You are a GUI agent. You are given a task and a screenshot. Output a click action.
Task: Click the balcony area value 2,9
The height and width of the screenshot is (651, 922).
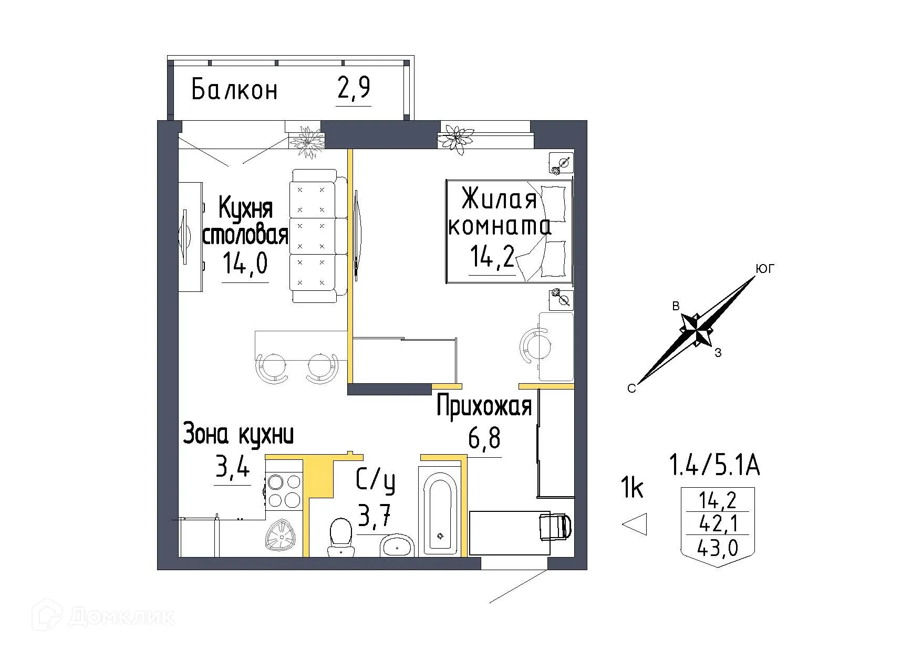tap(353, 89)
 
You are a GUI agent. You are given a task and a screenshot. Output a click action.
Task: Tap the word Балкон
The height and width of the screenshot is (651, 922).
tap(234, 90)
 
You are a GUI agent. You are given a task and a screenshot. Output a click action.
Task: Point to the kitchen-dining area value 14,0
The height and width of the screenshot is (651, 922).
tap(245, 264)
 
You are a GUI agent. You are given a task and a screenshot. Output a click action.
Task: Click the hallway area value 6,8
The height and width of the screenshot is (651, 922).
tap(484, 439)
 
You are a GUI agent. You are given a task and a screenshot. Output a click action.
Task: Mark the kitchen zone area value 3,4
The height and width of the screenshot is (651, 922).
tap(232, 466)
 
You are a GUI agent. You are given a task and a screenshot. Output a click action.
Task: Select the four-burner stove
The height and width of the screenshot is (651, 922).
tap(284, 491)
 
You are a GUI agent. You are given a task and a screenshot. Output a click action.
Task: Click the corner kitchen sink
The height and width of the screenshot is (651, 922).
tap(282, 538)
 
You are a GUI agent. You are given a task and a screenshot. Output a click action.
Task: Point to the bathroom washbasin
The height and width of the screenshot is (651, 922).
tap(396, 547)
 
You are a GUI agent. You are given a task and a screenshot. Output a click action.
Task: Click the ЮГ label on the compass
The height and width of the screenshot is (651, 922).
tap(765, 269)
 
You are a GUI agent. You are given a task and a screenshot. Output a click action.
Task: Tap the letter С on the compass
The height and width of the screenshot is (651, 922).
tap(631, 388)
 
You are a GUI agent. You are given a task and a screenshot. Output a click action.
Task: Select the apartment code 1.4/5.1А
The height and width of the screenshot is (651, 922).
tap(714, 466)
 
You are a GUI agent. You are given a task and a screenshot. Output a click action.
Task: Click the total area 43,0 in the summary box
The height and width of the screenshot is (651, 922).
tap(717, 549)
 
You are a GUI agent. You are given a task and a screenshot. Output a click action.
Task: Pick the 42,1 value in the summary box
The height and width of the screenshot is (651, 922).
tap(717, 524)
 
